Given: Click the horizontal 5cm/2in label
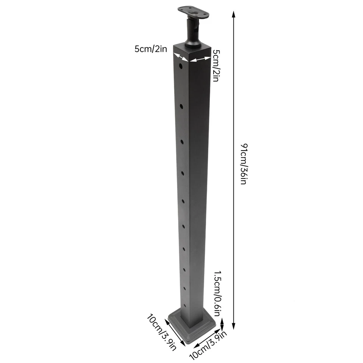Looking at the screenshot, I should point(150,49).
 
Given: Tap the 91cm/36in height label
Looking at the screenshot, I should point(244,164).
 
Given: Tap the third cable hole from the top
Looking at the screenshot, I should point(182,142).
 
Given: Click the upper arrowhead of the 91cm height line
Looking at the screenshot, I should point(234,14).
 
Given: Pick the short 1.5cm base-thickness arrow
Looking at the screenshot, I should point(222,324).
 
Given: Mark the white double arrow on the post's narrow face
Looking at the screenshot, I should point(180,57).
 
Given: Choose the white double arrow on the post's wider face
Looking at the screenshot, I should point(200,59).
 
